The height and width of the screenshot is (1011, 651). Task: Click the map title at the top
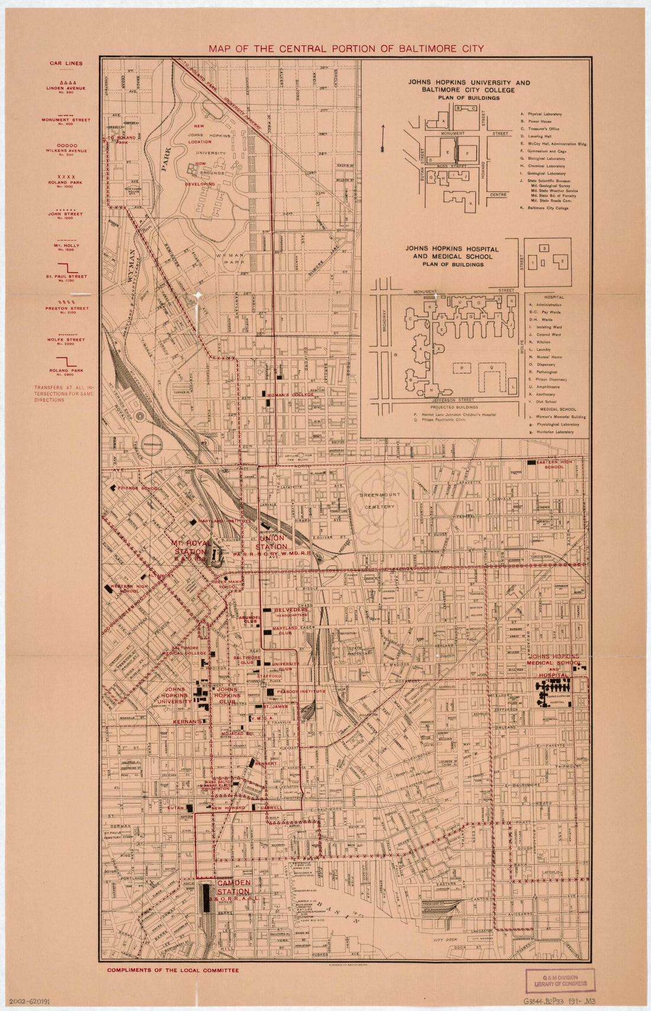pyautogui.click(x=346, y=49)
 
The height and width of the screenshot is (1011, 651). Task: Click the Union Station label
pyautogui.click(x=273, y=542)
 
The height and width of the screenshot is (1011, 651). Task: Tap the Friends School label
pyautogui.click(x=138, y=488)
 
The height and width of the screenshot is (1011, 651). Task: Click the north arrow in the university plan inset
pyautogui.click(x=384, y=137)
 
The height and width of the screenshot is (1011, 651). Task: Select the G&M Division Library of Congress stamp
pyautogui.click(x=560, y=980)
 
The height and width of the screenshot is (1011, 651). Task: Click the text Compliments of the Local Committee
pyautogui.click(x=173, y=970)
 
